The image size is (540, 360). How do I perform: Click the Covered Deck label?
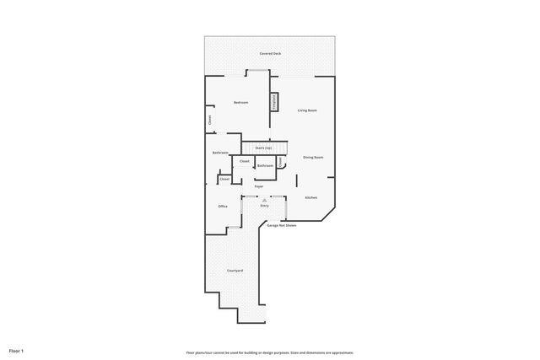coord(270,53)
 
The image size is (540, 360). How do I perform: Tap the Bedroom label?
coord(240,102)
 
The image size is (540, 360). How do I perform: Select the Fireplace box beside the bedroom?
coord(274,101)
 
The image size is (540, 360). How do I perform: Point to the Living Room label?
coord(306,110)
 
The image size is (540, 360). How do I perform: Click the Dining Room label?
coord(313,157)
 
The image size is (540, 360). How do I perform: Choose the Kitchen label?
coord(310,197)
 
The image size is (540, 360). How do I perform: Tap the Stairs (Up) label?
coord(263,148)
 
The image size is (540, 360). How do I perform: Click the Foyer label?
coord(259,185)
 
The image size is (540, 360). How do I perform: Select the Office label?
coord(223,206)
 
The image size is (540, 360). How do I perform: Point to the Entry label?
coord(264,205)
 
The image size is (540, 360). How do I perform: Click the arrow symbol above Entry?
coord(264,199)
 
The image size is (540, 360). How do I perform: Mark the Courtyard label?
coord(235,270)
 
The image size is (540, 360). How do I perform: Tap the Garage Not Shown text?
coord(282,225)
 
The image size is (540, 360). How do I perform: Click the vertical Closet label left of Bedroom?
coord(210,120)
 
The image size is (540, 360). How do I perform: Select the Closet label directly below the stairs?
coord(244,160)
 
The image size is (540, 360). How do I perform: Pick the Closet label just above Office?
coord(224,179)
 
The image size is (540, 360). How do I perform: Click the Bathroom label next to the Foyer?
coord(265,166)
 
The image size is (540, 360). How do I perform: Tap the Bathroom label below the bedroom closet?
coord(221,153)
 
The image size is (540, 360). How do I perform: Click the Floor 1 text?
coord(16,350)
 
